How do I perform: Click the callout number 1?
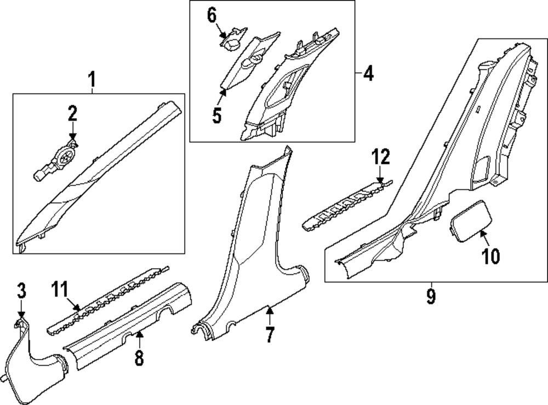click(92, 81)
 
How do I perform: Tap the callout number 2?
click(72, 114)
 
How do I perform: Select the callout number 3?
click(21, 291)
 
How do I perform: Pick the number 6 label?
click(212, 15)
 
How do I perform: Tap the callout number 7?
click(269, 334)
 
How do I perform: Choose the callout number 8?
click(139, 358)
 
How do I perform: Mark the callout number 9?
click(431, 296)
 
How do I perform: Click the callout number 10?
click(492, 256)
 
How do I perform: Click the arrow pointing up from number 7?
click(269, 315)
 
